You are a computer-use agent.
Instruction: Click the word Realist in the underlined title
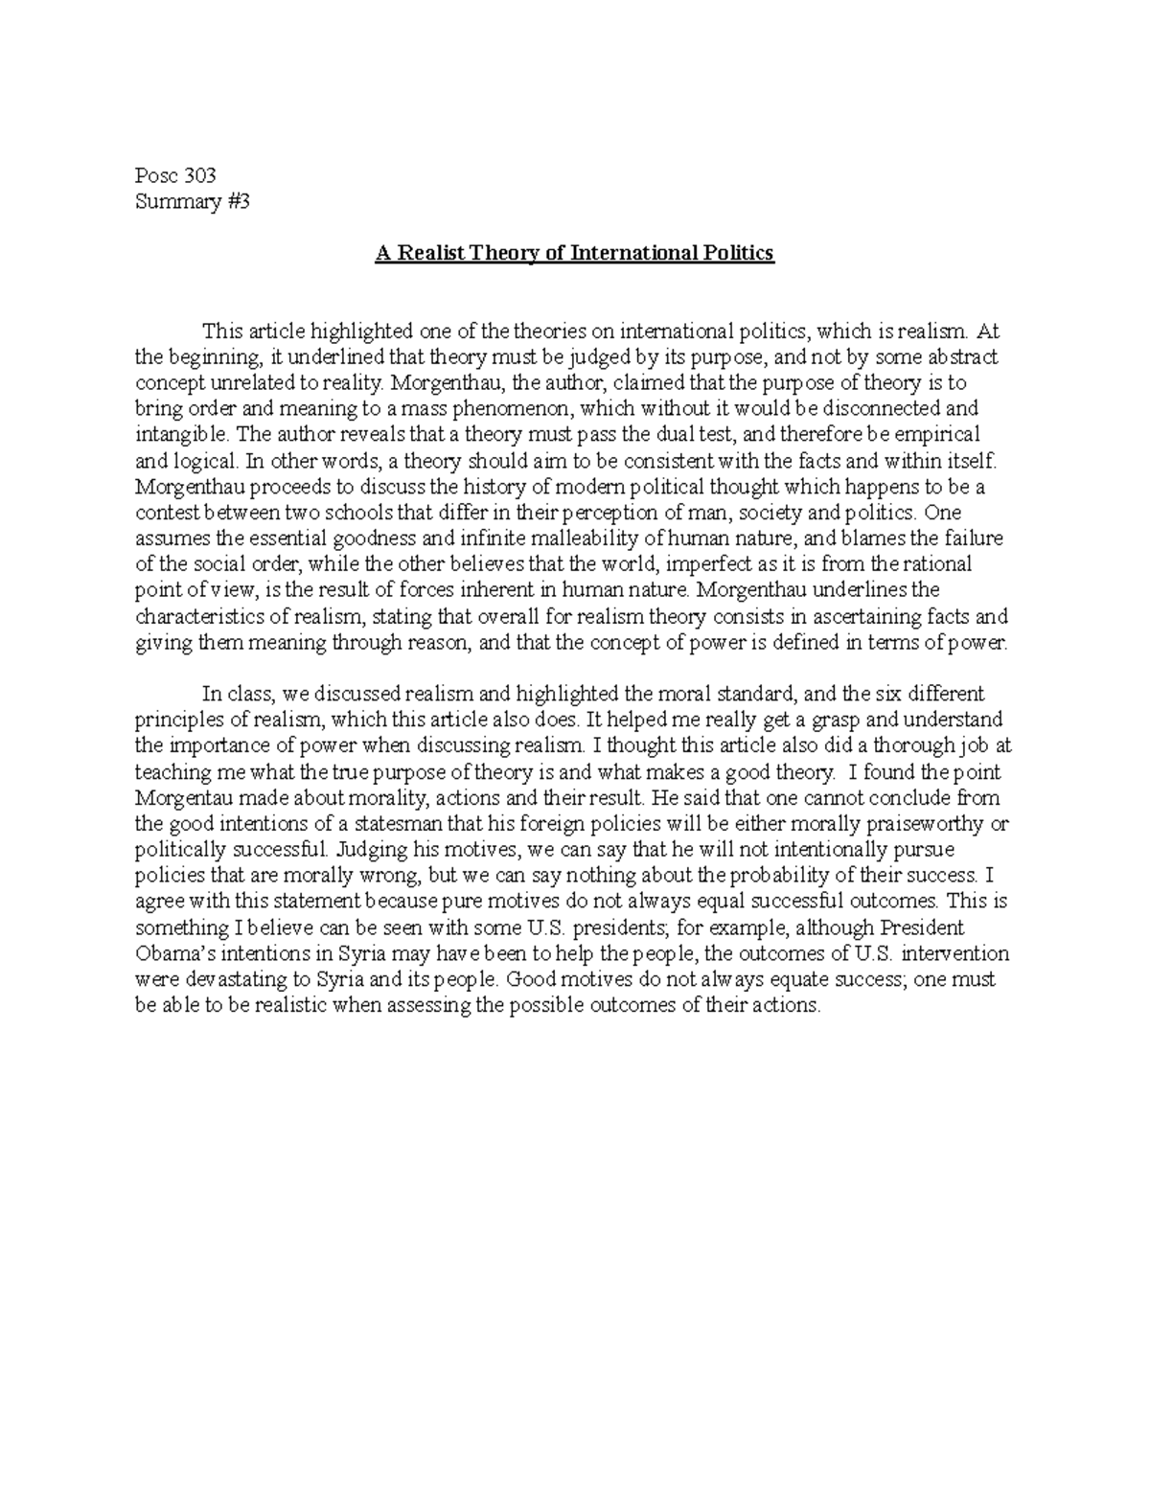pos(430,254)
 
